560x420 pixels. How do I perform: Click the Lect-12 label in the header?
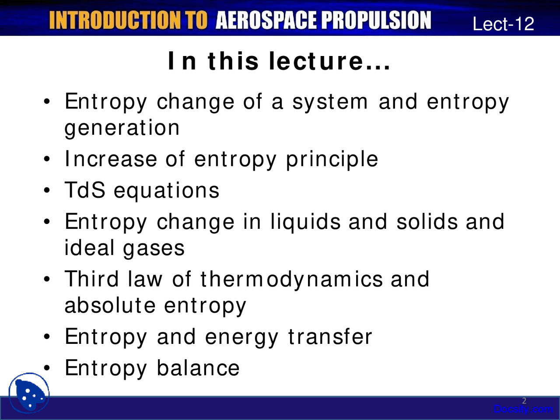(503, 24)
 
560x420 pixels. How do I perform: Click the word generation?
(122, 128)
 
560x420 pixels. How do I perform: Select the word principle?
(332, 159)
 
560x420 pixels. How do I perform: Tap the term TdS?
(85, 190)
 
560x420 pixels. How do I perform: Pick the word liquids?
(305, 222)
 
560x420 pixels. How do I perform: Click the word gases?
(154, 248)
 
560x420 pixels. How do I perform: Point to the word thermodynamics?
(291, 280)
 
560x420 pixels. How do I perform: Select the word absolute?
(110, 305)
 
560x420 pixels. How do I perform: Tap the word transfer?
(330, 337)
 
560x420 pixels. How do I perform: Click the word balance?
(198, 368)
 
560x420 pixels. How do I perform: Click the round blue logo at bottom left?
(29, 393)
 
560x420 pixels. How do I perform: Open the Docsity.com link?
(523, 409)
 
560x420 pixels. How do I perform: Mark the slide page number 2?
(524, 400)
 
